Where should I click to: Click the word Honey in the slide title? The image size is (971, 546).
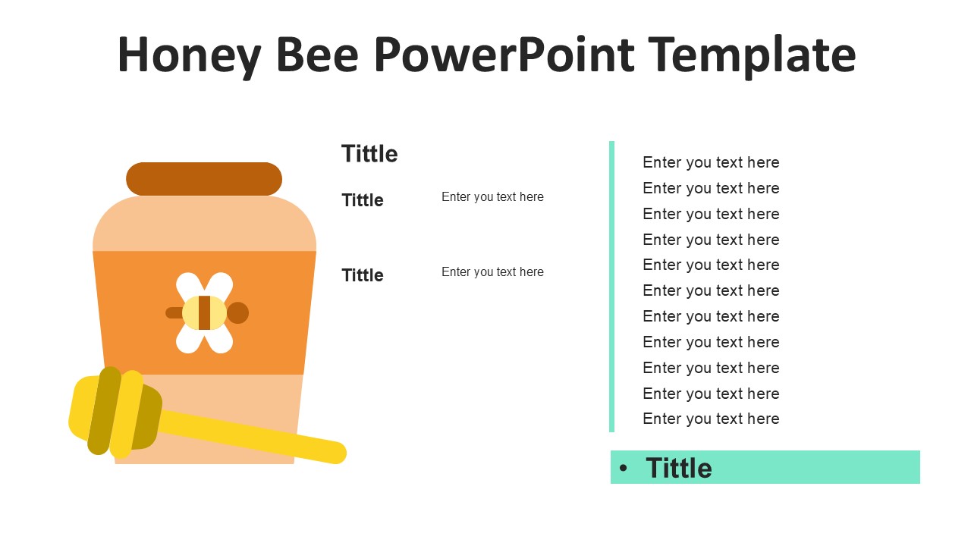[189, 55]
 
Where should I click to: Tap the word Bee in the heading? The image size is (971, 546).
[317, 55]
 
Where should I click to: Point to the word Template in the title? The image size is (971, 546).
[752, 55]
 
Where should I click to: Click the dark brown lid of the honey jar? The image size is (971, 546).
[204, 179]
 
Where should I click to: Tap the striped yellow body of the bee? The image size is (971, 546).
[204, 312]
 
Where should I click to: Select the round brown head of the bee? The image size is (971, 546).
[237, 312]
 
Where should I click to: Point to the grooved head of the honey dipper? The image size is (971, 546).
[115, 412]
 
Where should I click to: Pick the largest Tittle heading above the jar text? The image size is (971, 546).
[369, 154]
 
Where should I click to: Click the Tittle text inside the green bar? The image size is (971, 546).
[678, 468]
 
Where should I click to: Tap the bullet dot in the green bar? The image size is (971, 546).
[624, 468]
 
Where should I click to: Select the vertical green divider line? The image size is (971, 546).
[611, 287]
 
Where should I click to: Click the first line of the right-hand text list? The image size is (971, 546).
[711, 162]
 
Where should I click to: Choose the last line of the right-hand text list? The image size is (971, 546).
[711, 419]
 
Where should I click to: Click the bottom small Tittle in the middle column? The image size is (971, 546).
[363, 275]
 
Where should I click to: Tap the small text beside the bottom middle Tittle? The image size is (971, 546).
[492, 271]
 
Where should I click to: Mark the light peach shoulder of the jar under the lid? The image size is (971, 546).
[204, 224]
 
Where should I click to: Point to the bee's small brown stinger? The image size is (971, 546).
[174, 313]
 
